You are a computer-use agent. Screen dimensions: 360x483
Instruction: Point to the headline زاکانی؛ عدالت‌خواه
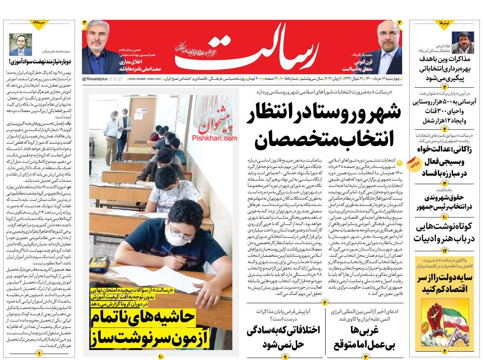[445, 150]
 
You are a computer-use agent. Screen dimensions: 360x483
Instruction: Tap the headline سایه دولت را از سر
[445, 283]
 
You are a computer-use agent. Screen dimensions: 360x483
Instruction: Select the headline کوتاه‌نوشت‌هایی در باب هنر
[445, 233]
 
